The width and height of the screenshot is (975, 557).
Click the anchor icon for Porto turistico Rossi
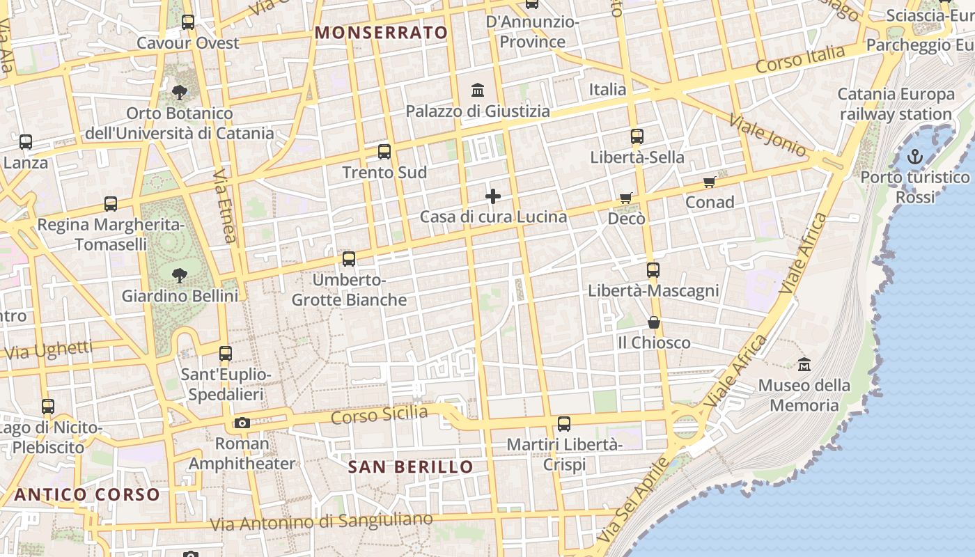click(x=914, y=157)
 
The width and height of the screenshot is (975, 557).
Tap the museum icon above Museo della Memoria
click(x=804, y=364)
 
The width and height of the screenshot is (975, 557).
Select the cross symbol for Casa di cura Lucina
click(x=493, y=196)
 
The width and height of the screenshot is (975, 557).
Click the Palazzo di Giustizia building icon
click(x=478, y=90)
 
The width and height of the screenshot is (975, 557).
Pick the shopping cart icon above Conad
click(x=710, y=182)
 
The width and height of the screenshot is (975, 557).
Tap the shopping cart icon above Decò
click(x=625, y=198)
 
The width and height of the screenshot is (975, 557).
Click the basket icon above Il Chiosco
click(x=653, y=322)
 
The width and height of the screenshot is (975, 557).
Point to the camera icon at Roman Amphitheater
click(x=242, y=423)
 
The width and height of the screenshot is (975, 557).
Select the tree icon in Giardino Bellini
click(x=180, y=276)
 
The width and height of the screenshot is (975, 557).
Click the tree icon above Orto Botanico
click(x=179, y=92)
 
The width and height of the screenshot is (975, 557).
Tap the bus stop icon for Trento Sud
click(x=384, y=152)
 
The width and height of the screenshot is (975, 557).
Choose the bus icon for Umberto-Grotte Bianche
click(x=348, y=259)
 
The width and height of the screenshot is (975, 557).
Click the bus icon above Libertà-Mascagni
click(x=653, y=270)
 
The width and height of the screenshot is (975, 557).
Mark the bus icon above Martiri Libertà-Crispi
click(x=564, y=423)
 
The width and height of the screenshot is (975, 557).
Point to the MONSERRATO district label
click(x=381, y=33)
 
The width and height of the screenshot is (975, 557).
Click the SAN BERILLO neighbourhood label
click(x=411, y=466)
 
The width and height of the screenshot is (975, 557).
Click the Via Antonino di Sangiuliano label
click(x=321, y=521)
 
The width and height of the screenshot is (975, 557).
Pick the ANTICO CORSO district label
click(x=87, y=494)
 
